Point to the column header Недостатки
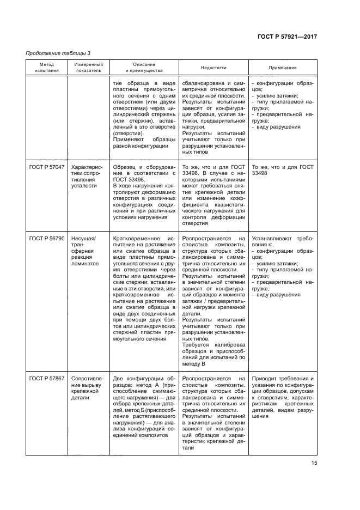[x=213, y=67]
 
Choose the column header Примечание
[x=283, y=67]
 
